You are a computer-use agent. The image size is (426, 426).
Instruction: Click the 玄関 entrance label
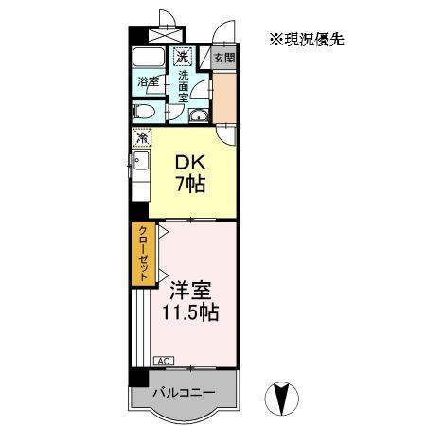click(223, 58)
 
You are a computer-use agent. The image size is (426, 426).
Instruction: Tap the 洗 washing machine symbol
click(181, 56)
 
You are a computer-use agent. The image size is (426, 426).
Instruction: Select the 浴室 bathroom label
click(147, 81)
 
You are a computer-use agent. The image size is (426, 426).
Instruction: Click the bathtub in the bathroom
click(148, 58)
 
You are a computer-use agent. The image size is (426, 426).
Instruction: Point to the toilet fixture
click(145, 112)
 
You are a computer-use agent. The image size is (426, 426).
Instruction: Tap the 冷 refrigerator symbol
click(141, 138)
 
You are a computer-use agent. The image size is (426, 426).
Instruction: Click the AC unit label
click(161, 361)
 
